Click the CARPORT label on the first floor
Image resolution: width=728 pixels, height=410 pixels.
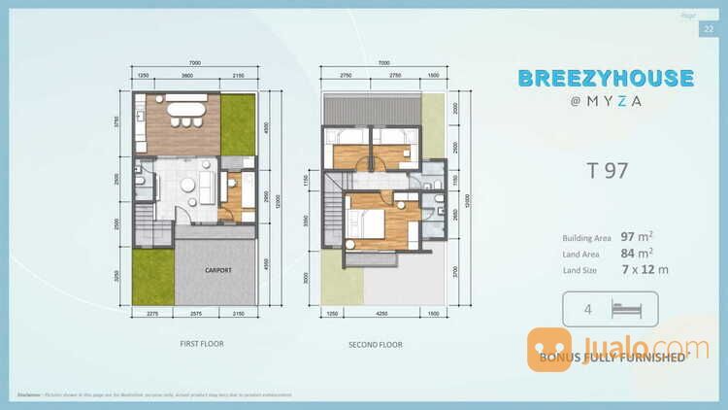217,270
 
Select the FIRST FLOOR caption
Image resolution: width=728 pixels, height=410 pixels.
198,344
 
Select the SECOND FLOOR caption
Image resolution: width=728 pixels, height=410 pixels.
376,344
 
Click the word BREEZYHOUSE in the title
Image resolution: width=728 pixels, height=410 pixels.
605,79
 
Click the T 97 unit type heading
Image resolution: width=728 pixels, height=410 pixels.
607,171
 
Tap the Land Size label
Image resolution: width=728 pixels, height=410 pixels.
580,269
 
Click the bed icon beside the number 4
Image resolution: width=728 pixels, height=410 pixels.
625,310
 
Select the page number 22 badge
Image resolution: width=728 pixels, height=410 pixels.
707,29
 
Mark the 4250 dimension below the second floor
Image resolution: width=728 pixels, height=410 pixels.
383,314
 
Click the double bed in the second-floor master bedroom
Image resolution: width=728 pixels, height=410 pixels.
369,222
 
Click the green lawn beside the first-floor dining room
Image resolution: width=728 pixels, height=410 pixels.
237,123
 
